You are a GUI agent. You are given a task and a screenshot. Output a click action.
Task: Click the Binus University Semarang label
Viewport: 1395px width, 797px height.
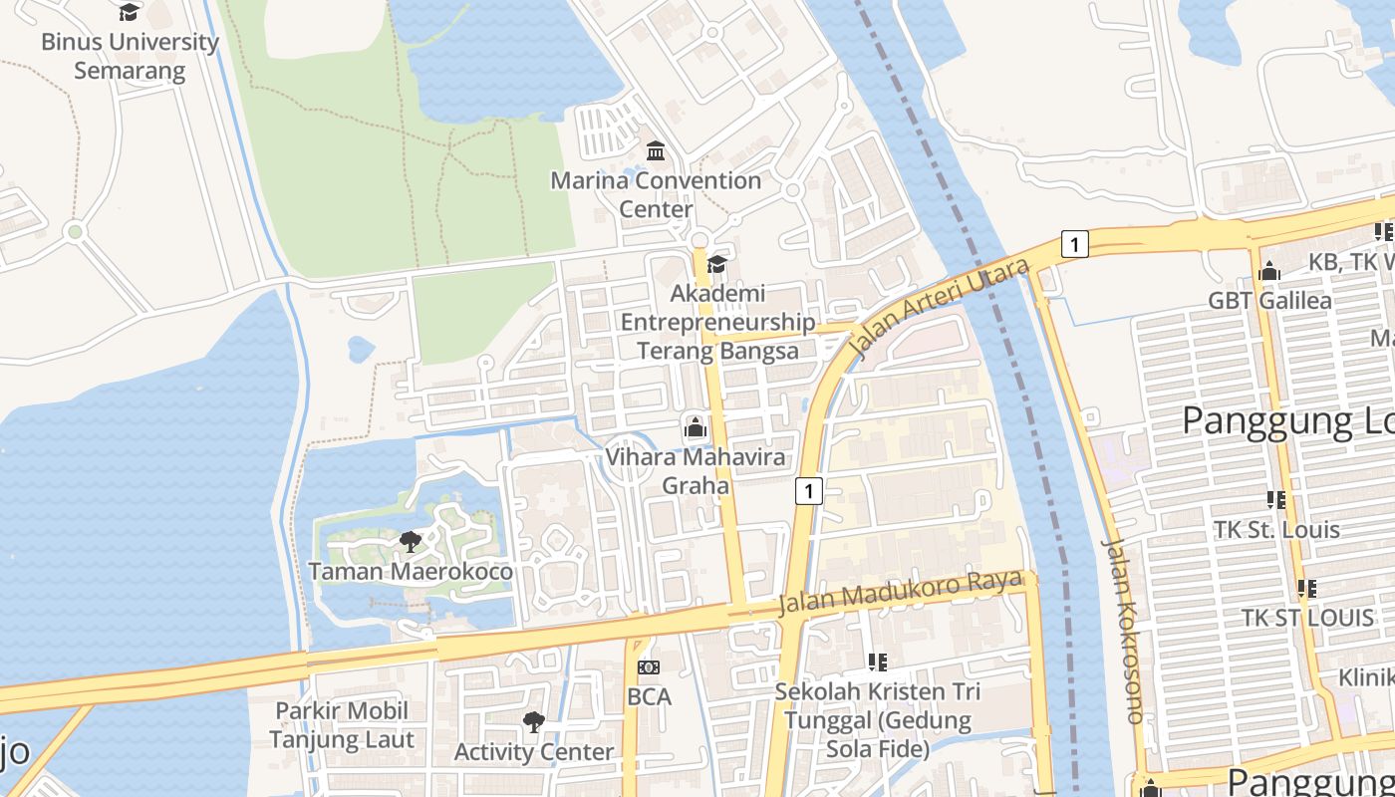tap(130, 57)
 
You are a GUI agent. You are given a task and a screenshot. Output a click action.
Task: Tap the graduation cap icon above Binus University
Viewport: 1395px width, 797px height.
tap(129, 12)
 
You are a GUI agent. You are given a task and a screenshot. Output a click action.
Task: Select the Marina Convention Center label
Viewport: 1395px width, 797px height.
tap(656, 194)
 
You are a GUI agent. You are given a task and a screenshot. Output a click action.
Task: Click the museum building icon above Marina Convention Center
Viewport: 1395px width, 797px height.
tap(656, 151)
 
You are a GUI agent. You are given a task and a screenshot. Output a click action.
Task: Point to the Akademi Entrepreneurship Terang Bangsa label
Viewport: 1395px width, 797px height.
tap(717, 322)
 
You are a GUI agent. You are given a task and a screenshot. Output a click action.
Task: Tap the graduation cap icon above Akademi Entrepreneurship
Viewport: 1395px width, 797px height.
tap(716, 264)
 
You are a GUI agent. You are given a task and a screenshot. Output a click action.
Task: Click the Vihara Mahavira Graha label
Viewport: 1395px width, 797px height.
tap(696, 471)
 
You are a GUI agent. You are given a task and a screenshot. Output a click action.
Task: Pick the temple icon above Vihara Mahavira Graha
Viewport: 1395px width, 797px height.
tap(696, 428)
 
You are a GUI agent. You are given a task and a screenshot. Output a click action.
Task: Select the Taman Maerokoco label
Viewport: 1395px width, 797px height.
tap(411, 572)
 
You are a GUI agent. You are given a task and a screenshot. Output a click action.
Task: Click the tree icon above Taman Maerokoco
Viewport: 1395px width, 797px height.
tap(410, 542)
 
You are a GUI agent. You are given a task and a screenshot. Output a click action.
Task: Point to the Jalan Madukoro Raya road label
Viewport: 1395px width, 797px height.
tap(900, 594)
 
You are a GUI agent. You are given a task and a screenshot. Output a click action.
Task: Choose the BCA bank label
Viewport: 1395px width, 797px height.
tap(649, 697)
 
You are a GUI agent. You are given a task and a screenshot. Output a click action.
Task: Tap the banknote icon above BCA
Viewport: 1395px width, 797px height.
tap(649, 667)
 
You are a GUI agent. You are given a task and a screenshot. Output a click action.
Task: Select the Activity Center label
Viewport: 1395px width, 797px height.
tap(534, 752)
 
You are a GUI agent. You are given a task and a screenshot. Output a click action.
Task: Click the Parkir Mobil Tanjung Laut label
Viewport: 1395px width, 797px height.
tap(342, 725)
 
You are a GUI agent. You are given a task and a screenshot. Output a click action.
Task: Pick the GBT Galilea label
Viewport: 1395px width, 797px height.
tap(1269, 301)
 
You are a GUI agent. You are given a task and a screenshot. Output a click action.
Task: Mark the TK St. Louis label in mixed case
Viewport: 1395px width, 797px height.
tap(1276, 529)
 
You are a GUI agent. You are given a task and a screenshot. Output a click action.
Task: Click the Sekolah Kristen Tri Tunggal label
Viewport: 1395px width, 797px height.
tap(878, 719)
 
